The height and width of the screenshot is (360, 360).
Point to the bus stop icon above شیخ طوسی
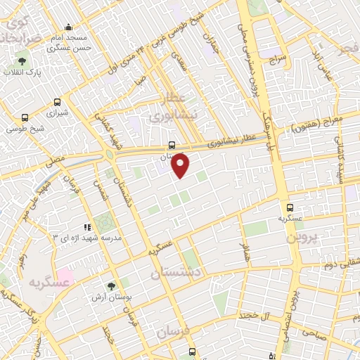[26, 117]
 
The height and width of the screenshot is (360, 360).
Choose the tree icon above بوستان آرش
[111, 285]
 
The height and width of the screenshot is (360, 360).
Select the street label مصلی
[56, 160]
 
